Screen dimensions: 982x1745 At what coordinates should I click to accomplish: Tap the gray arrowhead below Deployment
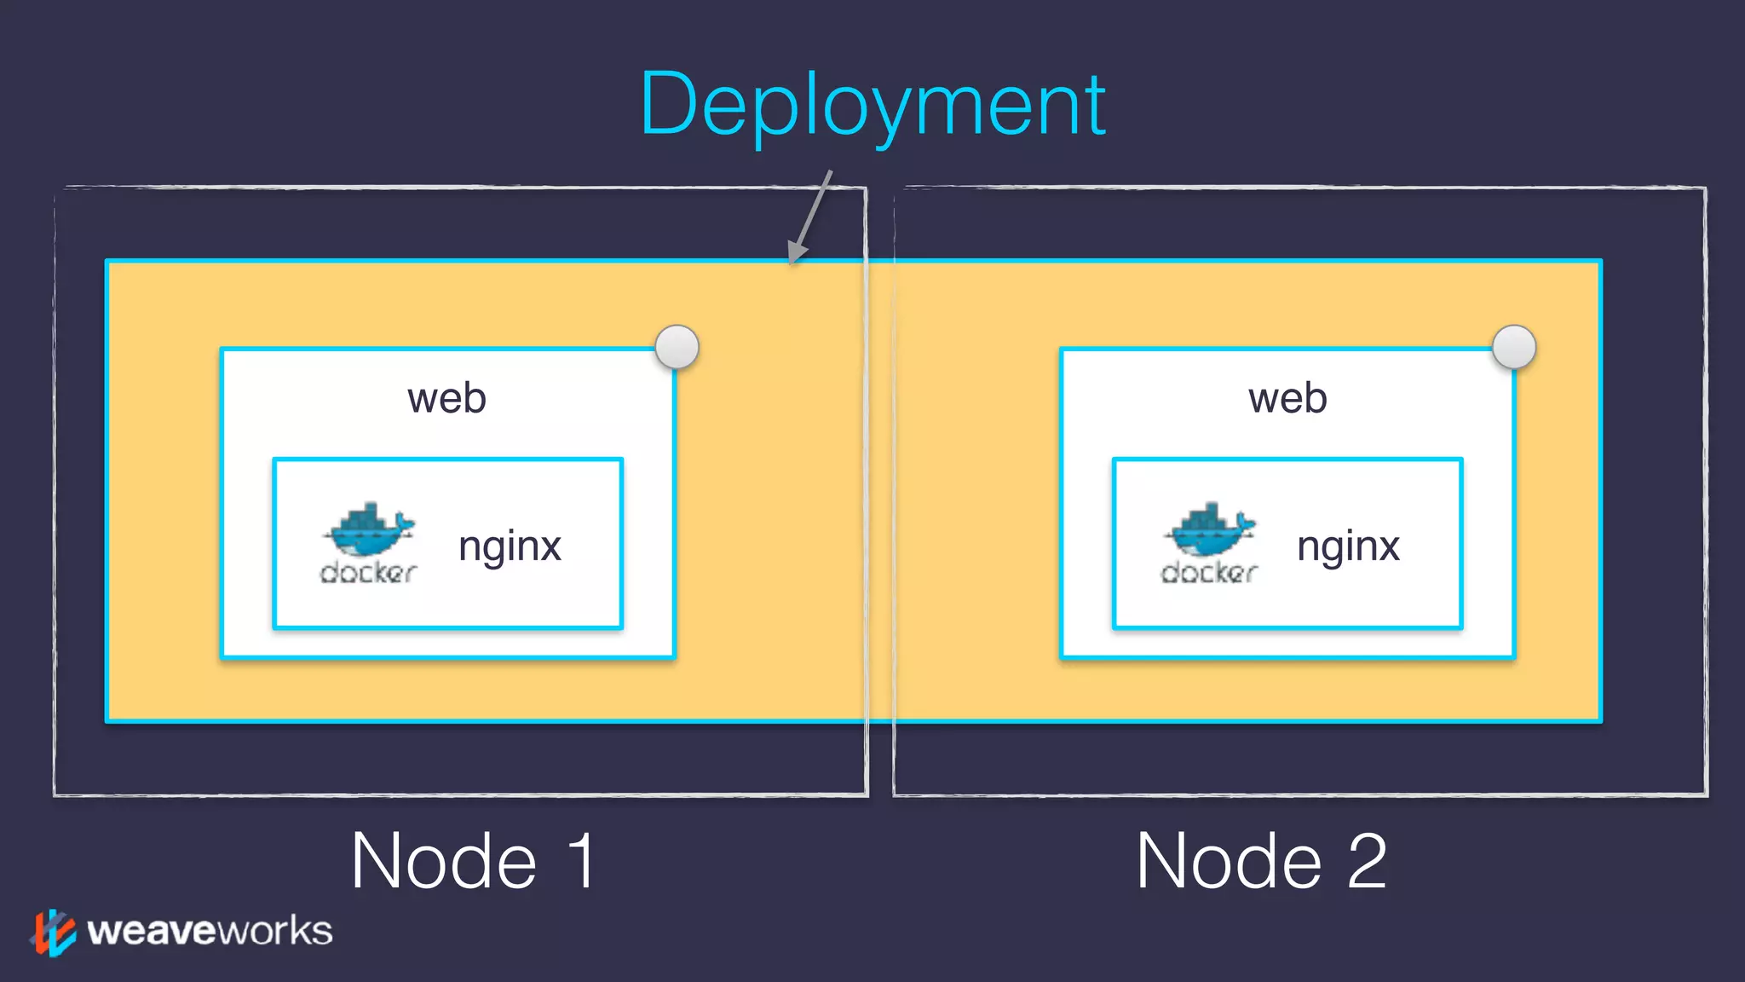pyautogui.click(x=796, y=251)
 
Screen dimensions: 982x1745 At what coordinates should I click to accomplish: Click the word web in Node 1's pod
pyautogui.click(x=446, y=398)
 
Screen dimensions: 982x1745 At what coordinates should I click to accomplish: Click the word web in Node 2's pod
pyautogui.click(x=1287, y=398)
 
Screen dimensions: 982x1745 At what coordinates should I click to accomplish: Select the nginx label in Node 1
pyautogui.click(x=510, y=546)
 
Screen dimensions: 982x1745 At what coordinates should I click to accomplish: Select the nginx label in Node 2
pyautogui.click(x=1348, y=546)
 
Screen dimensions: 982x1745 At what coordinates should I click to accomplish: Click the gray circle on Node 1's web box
pyautogui.click(x=677, y=347)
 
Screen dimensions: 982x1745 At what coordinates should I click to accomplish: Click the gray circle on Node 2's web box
pyautogui.click(x=1514, y=347)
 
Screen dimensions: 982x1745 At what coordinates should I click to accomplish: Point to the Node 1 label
pyautogui.click(x=473, y=861)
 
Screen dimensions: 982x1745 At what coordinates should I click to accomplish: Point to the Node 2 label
pyautogui.click(x=1261, y=861)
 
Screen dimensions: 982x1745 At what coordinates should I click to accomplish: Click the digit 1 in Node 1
pyautogui.click(x=582, y=861)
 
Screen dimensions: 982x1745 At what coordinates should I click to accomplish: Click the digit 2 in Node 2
pyautogui.click(x=1367, y=861)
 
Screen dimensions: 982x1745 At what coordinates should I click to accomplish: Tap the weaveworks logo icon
pyautogui.click(x=53, y=932)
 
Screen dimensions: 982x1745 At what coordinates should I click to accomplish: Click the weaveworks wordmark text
pyautogui.click(x=210, y=931)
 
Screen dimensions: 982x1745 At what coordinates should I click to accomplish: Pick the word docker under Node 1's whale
pyautogui.click(x=368, y=573)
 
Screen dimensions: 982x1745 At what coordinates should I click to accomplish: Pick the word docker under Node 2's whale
pyautogui.click(x=1209, y=573)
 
